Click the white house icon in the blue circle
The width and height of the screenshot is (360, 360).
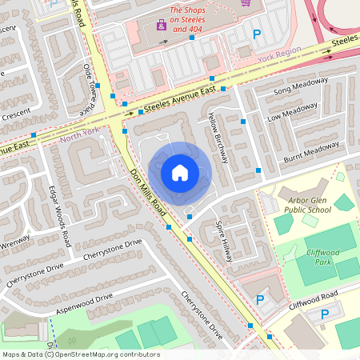point(180,172)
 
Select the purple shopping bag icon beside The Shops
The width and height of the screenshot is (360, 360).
point(161,24)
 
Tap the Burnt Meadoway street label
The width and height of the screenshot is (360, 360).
point(311,150)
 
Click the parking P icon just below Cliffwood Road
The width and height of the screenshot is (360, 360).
point(324,314)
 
